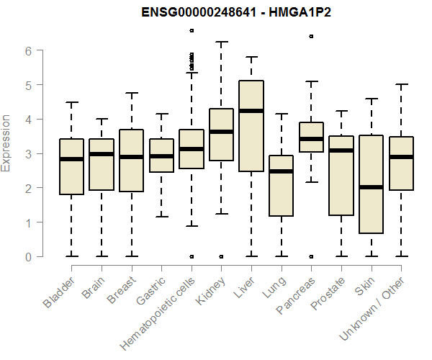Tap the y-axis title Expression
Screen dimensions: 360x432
pos(7,143)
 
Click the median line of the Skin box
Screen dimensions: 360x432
pos(371,187)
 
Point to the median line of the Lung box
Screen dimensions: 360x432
pos(281,171)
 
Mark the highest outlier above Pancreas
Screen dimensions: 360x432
pos(311,36)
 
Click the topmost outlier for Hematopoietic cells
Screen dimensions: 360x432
pos(191,30)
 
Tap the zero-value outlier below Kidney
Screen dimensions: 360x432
pos(221,256)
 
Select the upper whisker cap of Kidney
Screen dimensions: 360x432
pos(221,42)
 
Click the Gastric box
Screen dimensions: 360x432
pos(161,156)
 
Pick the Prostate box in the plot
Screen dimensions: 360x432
pos(341,176)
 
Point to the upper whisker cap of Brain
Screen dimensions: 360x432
pos(102,119)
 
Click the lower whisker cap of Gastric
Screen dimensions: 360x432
pos(161,216)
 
